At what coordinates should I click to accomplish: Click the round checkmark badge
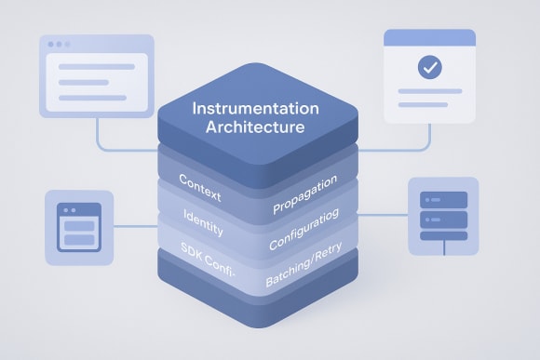429,67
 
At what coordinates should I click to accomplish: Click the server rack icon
443,216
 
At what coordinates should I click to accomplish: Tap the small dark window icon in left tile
78,227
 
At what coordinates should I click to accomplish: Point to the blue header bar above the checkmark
429,37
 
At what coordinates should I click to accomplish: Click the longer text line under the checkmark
429,95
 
